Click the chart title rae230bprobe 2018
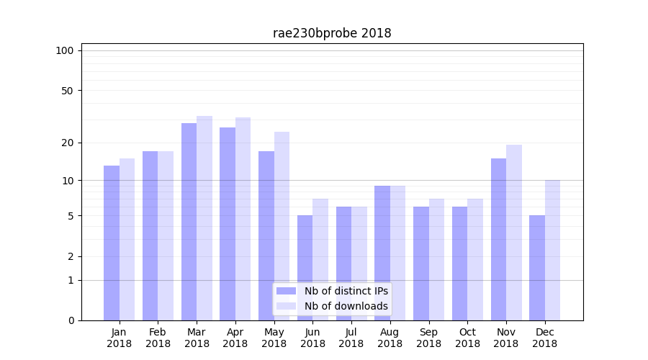tap(332, 33)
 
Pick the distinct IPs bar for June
tap(305, 268)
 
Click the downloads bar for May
tap(282, 226)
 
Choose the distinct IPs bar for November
tap(498, 239)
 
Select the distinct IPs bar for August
tap(382, 253)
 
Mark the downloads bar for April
tap(243, 219)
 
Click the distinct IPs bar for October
tap(460, 264)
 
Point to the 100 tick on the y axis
tap(65, 50)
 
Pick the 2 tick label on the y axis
tap(71, 256)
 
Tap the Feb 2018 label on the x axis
tap(158, 338)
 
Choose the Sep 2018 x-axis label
tap(428, 338)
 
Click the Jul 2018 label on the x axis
tap(351, 338)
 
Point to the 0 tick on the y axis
tap(71, 320)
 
